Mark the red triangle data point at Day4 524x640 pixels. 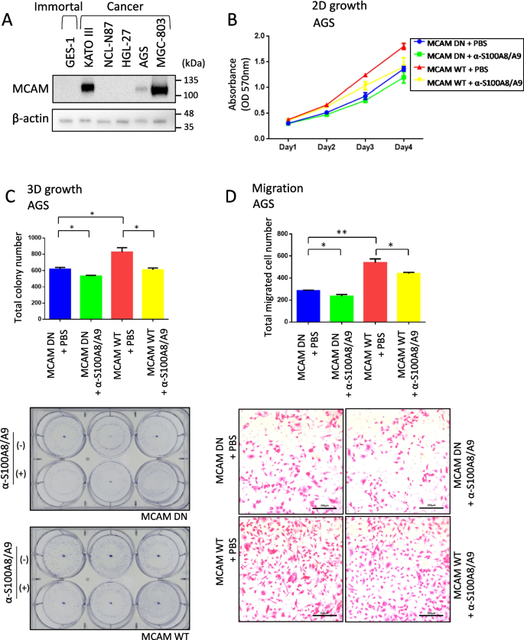tap(402, 47)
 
